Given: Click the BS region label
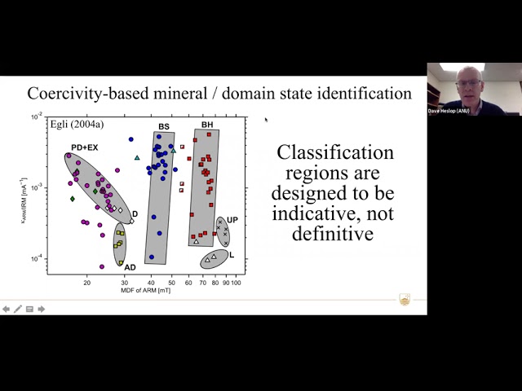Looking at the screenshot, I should [164, 126].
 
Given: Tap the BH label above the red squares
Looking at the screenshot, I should [208, 125].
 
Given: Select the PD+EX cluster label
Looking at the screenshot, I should [85, 147].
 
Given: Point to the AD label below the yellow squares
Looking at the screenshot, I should [130, 267].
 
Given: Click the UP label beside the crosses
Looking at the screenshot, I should [232, 220].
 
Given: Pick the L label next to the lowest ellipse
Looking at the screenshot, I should [232, 255].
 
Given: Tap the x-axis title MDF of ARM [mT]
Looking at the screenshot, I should [146, 291].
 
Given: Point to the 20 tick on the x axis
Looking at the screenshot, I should [86, 283].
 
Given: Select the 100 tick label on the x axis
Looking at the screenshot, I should [237, 283].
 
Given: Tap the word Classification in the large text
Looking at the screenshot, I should [335, 152].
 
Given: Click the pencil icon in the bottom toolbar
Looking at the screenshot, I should [18, 309].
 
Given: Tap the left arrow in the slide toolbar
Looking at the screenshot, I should [7, 309].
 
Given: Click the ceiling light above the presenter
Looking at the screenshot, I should [462, 67].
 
